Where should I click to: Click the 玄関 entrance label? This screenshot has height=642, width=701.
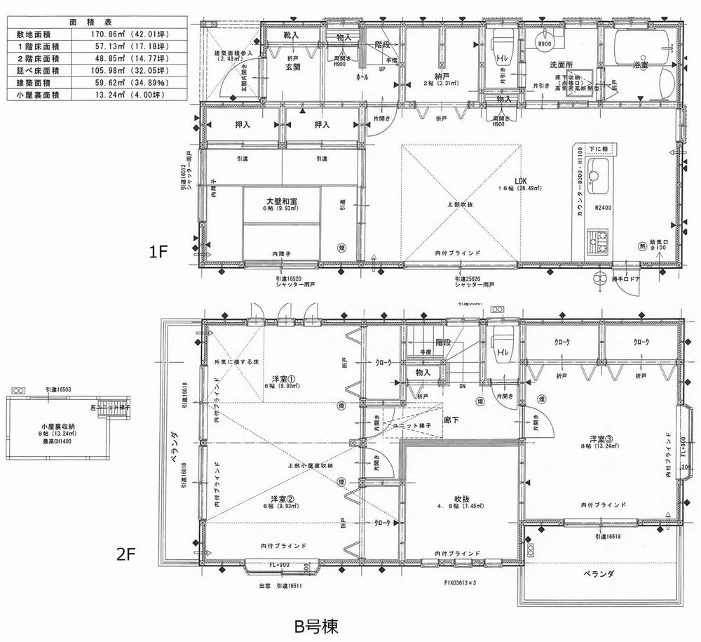tap(292, 67)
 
